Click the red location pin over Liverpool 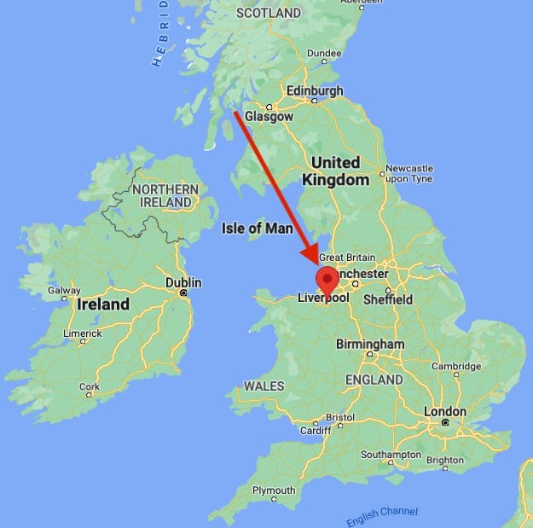tap(327, 280)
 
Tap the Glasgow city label tap(269, 117)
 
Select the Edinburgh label tap(316, 90)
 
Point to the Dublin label tap(183, 282)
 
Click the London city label tap(445, 412)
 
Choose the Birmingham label tap(370, 344)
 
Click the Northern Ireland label tap(165, 195)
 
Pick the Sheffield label tap(388, 299)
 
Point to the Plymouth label tap(273, 490)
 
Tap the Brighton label tap(445, 460)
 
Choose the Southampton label tap(391, 455)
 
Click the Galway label tap(64, 290)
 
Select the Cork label tap(89, 386)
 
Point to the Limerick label tap(84, 332)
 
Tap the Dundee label tap(324, 53)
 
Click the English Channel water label tap(383, 516)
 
